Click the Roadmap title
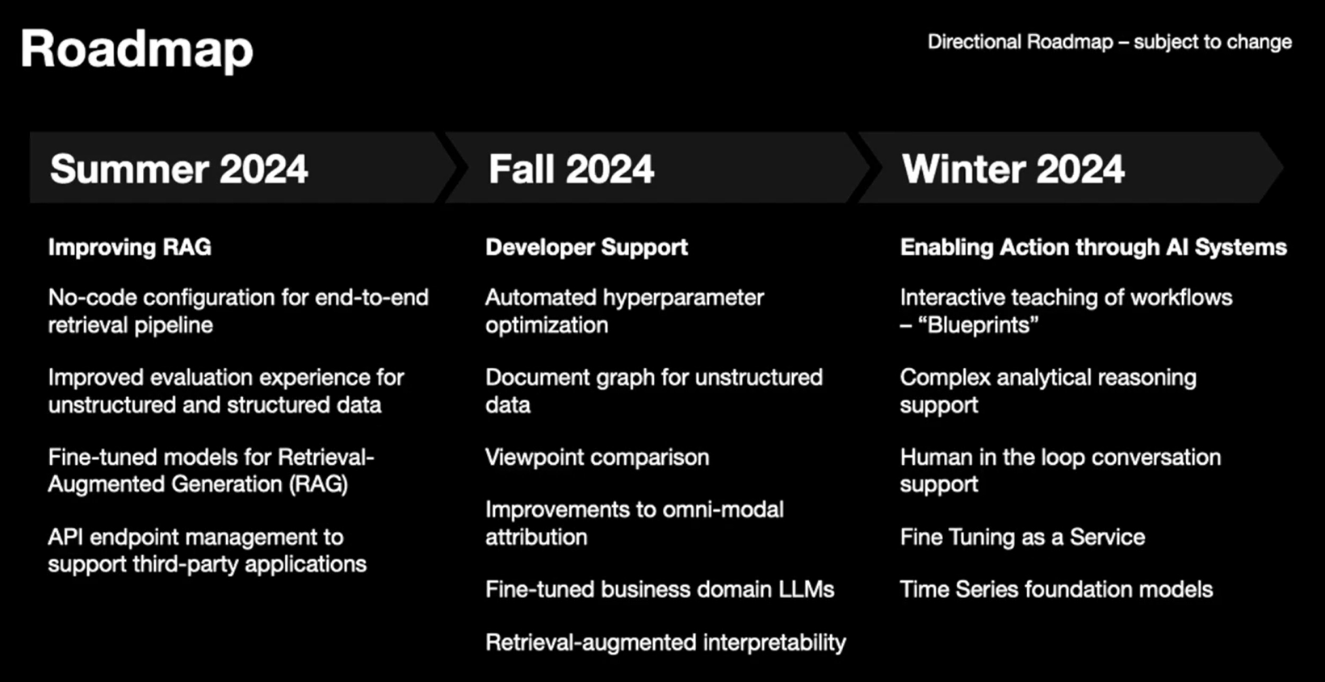137,50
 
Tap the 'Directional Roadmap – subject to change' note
1109,43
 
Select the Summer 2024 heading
179,169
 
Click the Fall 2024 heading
572,169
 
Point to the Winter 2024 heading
1013,169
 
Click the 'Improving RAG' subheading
129,247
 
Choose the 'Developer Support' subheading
587,247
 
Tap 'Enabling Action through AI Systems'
1094,247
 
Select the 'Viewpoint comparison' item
598,458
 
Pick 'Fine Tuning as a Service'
1023,537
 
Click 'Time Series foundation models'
1056,590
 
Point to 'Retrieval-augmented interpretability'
666,643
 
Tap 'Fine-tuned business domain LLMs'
660,590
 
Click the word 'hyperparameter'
683,299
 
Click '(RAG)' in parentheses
318,484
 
